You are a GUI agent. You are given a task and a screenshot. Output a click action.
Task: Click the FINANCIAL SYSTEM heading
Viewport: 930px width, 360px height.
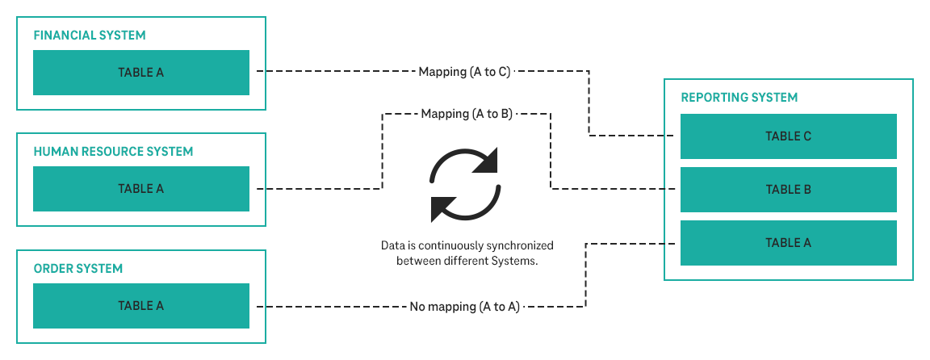coord(90,36)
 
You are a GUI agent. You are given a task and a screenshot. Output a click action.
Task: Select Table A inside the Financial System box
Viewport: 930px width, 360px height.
coord(141,73)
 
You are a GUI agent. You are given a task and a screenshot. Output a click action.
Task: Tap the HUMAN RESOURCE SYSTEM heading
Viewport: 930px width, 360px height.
coord(113,152)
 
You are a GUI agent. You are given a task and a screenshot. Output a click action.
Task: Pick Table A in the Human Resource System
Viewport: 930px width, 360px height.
coord(141,189)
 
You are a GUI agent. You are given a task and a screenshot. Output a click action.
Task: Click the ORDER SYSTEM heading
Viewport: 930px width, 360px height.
coord(78,269)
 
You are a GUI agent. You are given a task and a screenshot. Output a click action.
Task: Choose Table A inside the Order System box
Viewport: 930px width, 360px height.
coord(141,306)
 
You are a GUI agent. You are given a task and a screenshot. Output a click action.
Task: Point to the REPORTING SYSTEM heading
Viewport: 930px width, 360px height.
coord(739,98)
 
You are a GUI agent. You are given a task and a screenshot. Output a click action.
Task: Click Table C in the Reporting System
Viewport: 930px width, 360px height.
coord(788,136)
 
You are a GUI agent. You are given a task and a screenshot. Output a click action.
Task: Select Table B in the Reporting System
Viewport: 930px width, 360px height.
coord(788,190)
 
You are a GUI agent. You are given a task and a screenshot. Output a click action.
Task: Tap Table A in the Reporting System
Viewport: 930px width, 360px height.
coord(788,243)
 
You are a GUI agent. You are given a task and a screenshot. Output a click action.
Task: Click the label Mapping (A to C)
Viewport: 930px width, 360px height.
coord(464,72)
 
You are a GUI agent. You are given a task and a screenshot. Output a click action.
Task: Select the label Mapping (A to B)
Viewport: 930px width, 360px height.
coord(467,114)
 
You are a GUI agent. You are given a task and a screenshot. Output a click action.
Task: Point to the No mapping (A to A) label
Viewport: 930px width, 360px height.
coord(464,307)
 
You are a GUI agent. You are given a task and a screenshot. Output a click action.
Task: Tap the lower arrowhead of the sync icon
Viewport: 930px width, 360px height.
coord(444,207)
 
